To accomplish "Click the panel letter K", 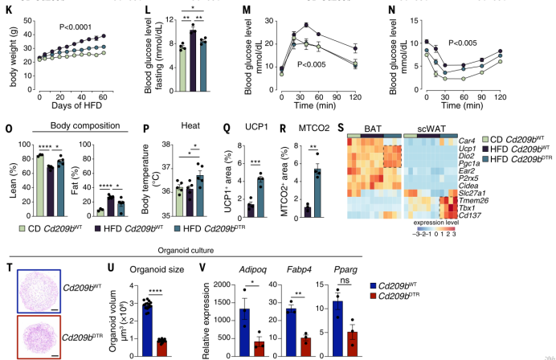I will tap(9, 10).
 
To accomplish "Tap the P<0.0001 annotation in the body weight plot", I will tap(79, 26).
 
